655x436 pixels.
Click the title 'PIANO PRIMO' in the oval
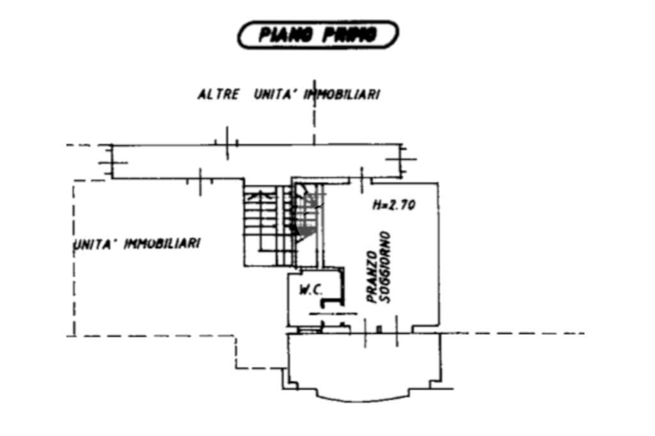[x=318, y=35]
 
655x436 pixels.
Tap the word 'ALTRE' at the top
[x=218, y=95]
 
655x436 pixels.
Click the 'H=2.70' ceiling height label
[x=394, y=205]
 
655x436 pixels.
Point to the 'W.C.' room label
[x=311, y=290]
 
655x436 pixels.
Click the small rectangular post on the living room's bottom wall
[x=379, y=329]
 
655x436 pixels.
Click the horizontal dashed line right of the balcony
[x=512, y=333]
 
